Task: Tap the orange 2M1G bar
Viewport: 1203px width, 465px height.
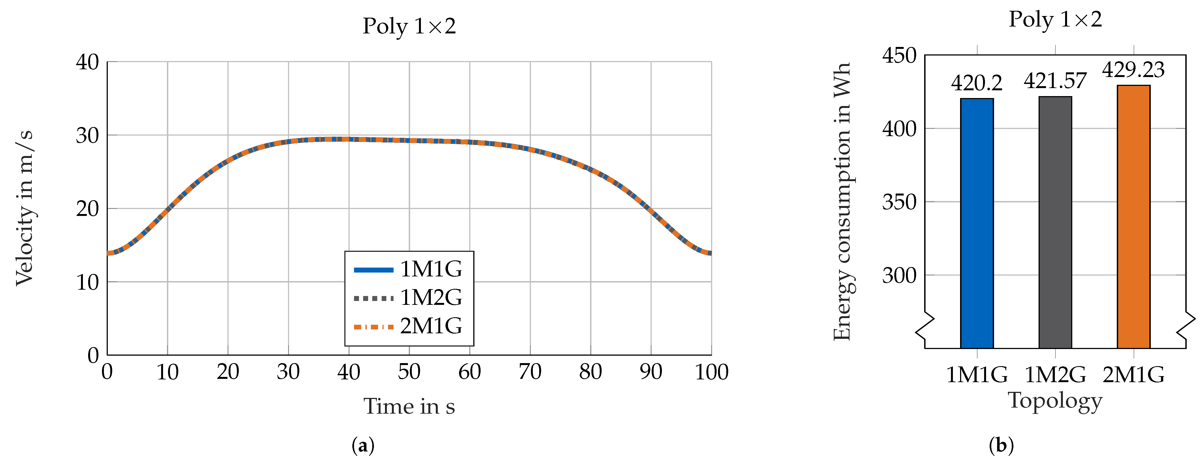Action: pyautogui.click(x=1133, y=216)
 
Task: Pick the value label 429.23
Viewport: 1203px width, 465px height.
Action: pyautogui.click(x=1133, y=70)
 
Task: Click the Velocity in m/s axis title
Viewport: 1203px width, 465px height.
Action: pyautogui.click(x=24, y=208)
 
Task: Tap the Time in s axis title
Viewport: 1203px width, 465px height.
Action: pyautogui.click(x=409, y=406)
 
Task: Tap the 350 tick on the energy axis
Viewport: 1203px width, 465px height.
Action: pyautogui.click(x=899, y=202)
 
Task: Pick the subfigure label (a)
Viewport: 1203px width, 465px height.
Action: pyautogui.click(x=363, y=446)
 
